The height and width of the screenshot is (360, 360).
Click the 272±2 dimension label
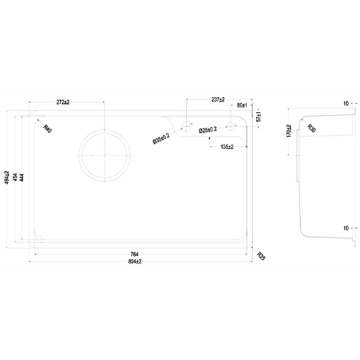[x=63, y=102]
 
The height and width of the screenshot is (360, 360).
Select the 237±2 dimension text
[x=218, y=100]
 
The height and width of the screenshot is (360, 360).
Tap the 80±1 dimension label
[x=242, y=106]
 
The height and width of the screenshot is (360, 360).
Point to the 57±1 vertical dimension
[x=259, y=116]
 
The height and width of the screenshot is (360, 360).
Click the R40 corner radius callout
[x=47, y=128]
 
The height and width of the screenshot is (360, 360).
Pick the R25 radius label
[x=261, y=256]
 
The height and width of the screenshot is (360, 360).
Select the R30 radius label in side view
[x=311, y=128]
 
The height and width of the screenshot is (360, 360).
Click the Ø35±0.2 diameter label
[x=161, y=139]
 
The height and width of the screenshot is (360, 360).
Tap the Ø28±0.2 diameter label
[x=208, y=130]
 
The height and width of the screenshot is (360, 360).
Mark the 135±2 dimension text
[x=227, y=147]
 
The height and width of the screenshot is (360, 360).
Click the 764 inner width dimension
[x=134, y=254]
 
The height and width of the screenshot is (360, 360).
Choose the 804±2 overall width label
[x=135, y=261]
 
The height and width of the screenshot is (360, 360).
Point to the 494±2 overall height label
[x=7, y=177]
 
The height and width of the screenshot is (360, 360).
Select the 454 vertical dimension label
[x=15, y=177]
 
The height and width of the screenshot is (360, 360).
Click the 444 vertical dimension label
[x=22, y=177]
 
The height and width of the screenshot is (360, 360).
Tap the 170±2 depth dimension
[x=289, y=131]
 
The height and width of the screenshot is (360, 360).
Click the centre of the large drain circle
[x=104, y=155]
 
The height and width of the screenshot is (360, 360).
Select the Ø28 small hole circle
[x=231, y=126]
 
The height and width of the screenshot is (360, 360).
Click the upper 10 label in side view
[x=346, y=104]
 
